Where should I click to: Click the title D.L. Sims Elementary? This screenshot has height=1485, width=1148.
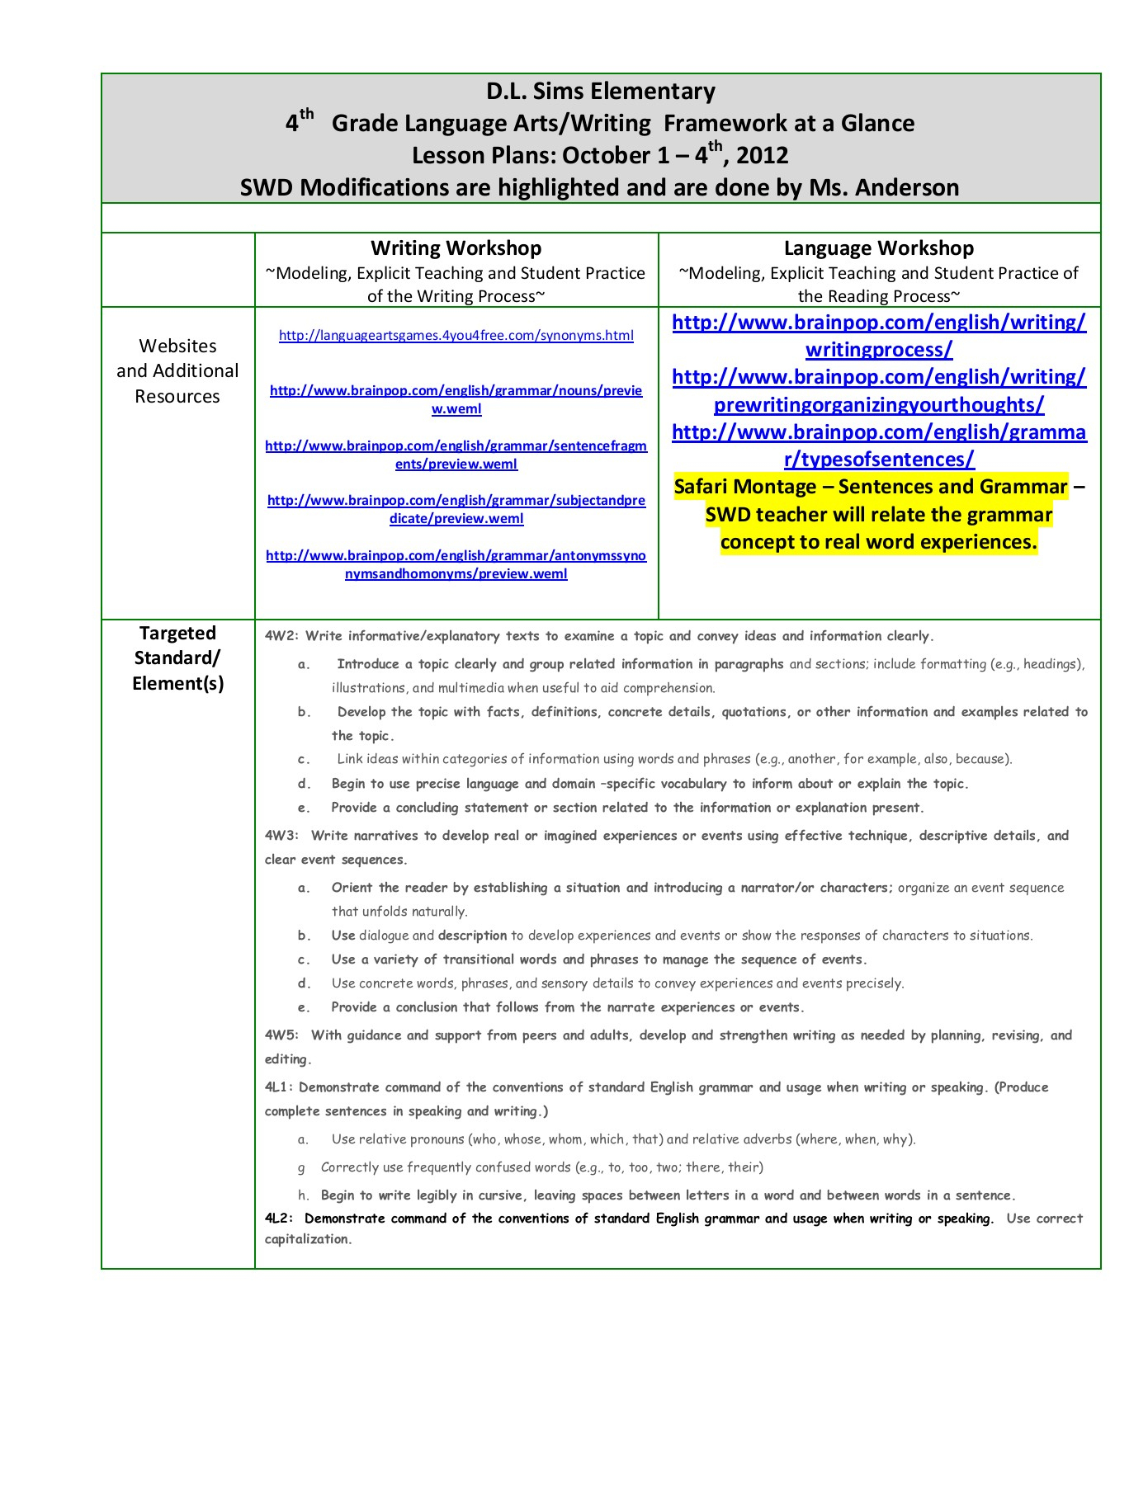[600, 92]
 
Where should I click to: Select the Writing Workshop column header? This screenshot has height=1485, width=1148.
[456, 248]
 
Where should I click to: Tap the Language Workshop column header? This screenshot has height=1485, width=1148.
[878, 248]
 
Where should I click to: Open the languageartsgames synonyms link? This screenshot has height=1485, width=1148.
[456, 336]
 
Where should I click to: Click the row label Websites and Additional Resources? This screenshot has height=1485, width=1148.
[177, 371]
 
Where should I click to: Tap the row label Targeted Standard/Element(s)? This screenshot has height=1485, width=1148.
[177, 658]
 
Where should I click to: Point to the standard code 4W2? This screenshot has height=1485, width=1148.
[281, 636]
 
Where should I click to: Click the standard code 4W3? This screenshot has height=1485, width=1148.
[281, 836]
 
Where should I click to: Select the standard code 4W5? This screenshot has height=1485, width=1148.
[281, 1035]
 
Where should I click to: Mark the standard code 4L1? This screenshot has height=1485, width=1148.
[280, 1087]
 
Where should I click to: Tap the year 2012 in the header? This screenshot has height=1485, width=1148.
[762, 156]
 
